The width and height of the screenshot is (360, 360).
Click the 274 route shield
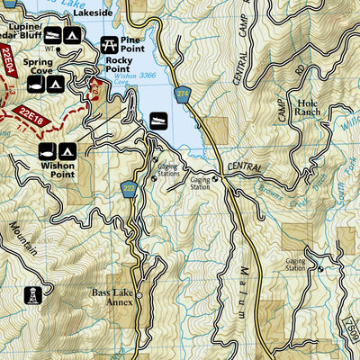point(184,94)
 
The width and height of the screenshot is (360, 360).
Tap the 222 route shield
point(130,187)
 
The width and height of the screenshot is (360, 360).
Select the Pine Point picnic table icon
point(110,42)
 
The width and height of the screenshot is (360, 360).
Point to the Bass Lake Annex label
point(113,298)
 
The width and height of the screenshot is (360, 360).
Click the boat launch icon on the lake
point(157,120)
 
